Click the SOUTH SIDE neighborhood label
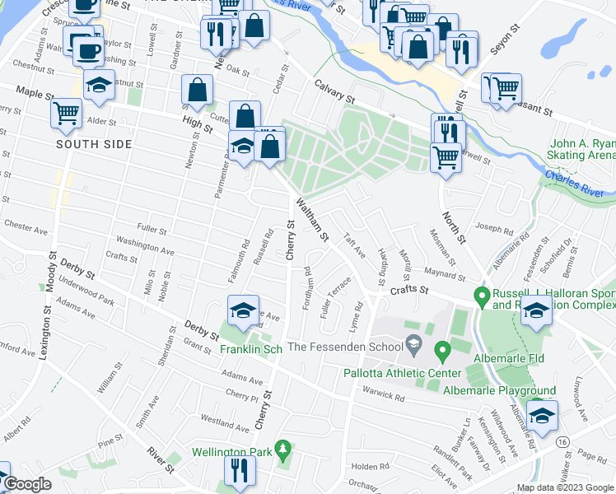[x=94, y=144]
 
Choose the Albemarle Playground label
[x=511, y=390]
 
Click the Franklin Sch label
[x=251, y=349]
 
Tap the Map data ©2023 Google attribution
[x=565, y=487]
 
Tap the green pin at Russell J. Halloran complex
[x=482, y=295]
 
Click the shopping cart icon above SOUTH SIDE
[x=65, y=112]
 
